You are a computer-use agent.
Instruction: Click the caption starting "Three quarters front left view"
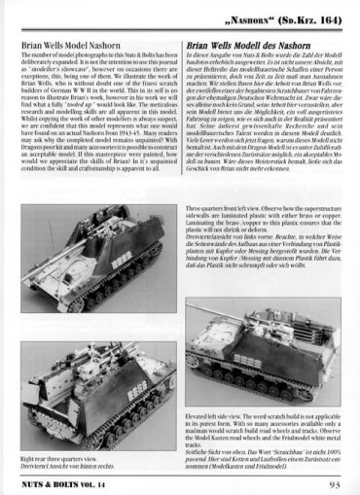point(263,210)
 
